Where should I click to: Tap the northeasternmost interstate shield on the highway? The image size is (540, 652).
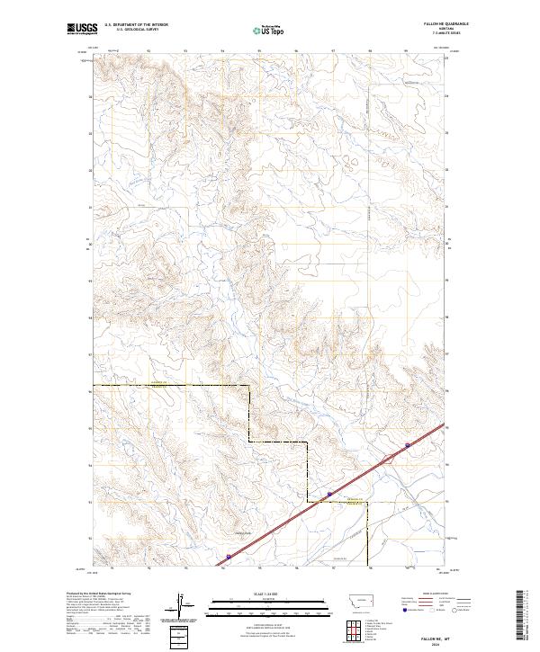point(408,444)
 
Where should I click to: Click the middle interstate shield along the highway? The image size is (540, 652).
point(329,494)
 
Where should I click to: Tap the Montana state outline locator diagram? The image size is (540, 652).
point(349,602)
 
